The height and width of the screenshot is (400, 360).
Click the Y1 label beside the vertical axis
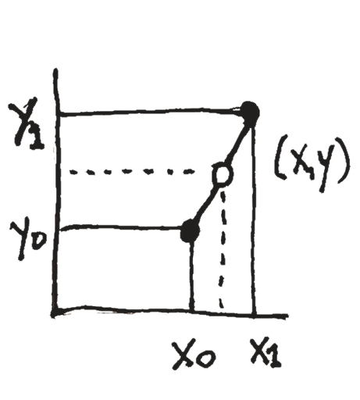tap(26, 123)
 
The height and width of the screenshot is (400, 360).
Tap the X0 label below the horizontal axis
tap(194, 354)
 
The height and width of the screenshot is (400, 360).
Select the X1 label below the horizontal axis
tap(266, 352)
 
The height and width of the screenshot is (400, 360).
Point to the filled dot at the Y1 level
tap(249, 112)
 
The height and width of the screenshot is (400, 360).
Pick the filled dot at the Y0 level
tap(191, 231)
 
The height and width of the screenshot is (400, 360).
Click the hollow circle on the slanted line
tap(222, 174)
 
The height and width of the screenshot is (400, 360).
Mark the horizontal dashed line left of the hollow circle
tap(132, 172)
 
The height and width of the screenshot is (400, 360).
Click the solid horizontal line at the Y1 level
tap(149, 112)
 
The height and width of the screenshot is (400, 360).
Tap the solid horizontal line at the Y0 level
tap(120, 227)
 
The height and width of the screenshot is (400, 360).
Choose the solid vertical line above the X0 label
tap(192, 277)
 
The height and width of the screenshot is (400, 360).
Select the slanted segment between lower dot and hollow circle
tap(206, 204)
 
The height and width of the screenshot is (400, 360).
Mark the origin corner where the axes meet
tap(55, 312)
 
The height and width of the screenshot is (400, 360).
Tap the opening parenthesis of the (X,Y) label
tap(280, 157)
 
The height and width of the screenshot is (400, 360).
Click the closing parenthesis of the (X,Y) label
tap(343, 160)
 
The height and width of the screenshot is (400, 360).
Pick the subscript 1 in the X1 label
tap(275, 357)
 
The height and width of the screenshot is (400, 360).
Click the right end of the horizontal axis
tap(287, 316)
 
